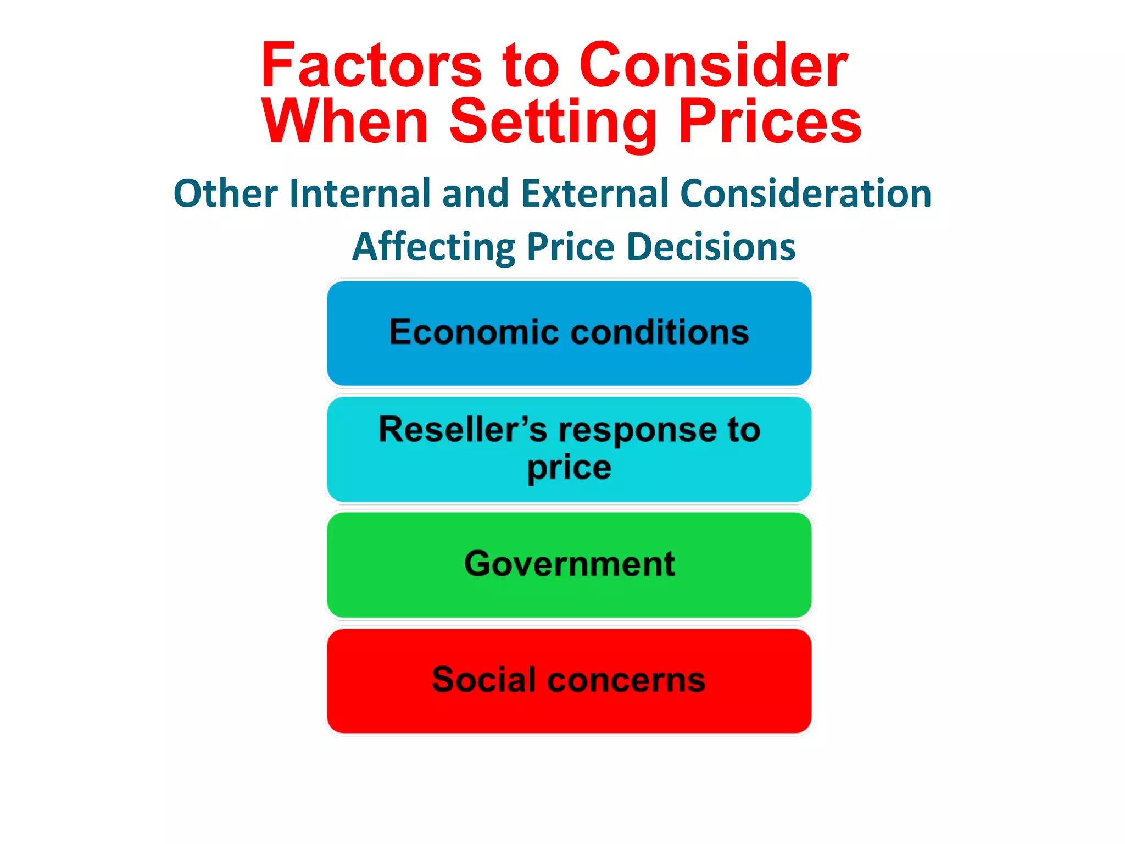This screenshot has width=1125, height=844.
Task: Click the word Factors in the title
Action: click(371, 66)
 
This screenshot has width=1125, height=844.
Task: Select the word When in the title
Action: click(345, 122)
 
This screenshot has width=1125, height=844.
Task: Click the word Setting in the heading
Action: click(553, 122)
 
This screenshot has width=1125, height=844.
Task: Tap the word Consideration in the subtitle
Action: click(805, 193)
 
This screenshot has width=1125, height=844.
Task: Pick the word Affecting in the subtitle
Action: click(433, 247)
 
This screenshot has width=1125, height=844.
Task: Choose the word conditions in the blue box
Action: click(660, 332)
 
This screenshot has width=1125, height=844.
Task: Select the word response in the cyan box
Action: click(637, 431)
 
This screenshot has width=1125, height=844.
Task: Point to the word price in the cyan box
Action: click(569, 469)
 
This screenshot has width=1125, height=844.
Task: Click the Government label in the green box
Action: click(569, 564)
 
